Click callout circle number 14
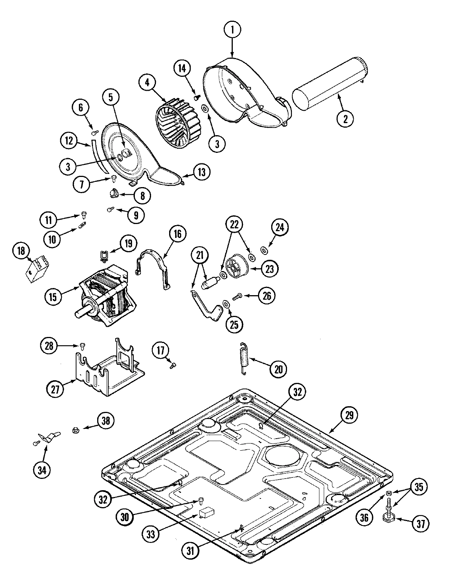tap(182, 69)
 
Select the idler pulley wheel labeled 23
tap(237, 266)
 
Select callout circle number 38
tap(106, 421)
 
